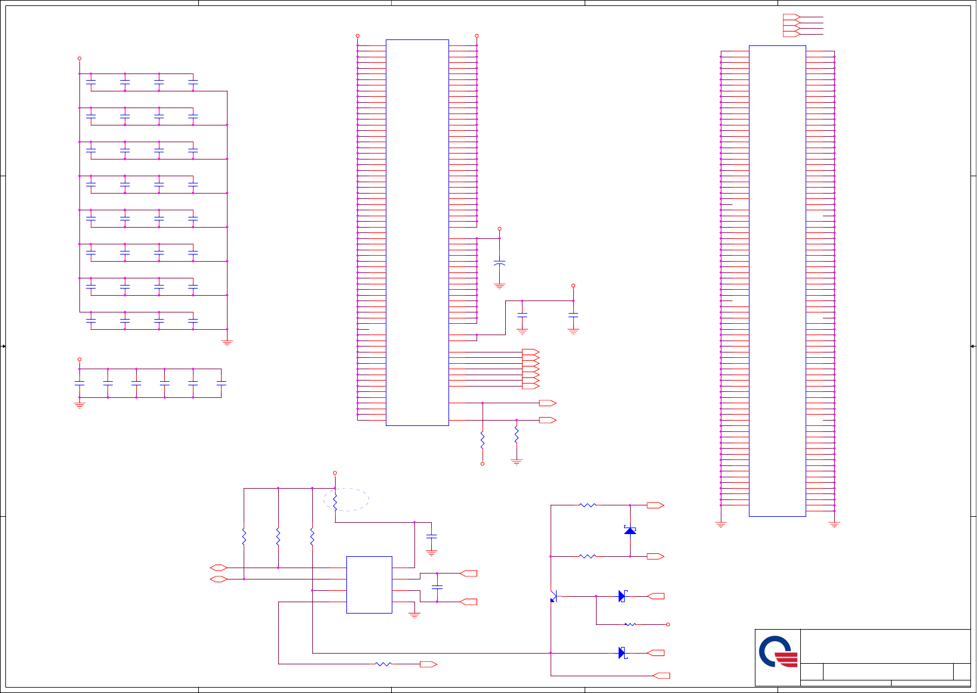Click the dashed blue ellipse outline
tap(346, 499)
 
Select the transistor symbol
tap(554, 596)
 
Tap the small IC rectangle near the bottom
tap(369, 585)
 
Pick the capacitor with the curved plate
tap(500, 263)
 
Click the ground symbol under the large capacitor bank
tap(227, 343)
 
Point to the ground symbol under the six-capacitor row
tap(79, 405)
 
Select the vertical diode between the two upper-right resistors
tap(630, 531)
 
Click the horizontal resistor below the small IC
tap(383, 664)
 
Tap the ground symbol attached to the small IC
tap(414, 615)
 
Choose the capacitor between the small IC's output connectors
tap(437, 587)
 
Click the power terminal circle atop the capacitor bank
tap(79, 59)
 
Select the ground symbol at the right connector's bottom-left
tap(721, 525)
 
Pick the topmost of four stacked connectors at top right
tap(791, 17)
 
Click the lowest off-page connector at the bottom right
tap(661, 676)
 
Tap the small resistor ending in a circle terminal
tap(630, 624)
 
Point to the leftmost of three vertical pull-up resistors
tap(244, 536)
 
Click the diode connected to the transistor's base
tap(622, 596)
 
